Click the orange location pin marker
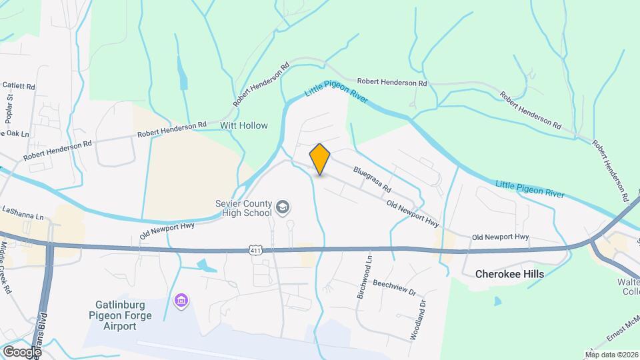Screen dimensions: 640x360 tap(320, 159)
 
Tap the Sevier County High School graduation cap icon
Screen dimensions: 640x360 tap(283, 207)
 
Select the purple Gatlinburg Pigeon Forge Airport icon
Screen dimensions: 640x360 tap(181, 301)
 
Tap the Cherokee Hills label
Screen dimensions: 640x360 tap(509, 274)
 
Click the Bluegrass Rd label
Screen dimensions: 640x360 tap(372, 180)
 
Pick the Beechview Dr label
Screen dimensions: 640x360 tap(394, 287)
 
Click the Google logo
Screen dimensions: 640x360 tap(22, 351)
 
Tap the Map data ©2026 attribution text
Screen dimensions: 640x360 tap(611, 354)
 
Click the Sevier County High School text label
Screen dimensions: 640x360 tap(243, 208)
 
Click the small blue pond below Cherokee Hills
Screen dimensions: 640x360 tap(498, 301)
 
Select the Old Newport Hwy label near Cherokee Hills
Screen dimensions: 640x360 tap(500, 237)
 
